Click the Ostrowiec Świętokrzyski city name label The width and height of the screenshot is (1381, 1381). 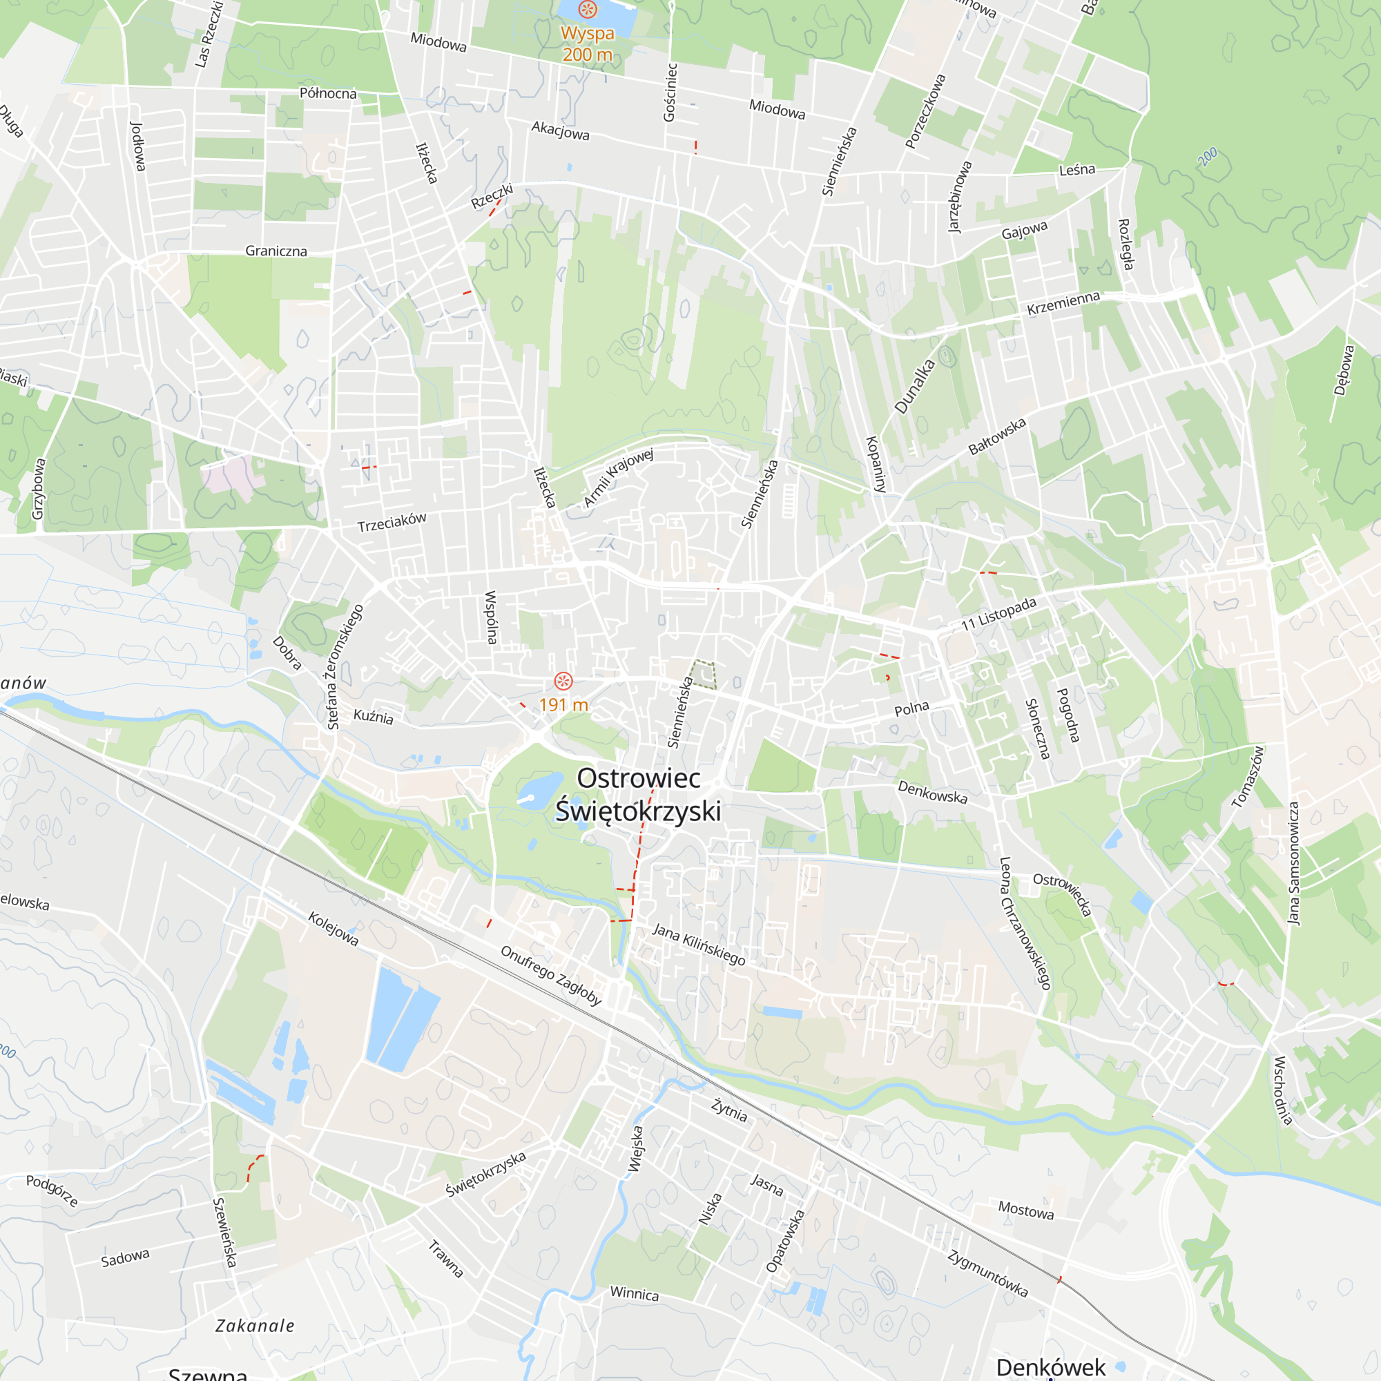tap(638, 795)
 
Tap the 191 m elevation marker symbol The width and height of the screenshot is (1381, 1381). tap(563, 681)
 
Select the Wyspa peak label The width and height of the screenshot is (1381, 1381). tap(587, 34)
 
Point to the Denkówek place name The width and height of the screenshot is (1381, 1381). tap(1050, 1366)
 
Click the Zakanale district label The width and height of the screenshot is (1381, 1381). tap(255, 1326)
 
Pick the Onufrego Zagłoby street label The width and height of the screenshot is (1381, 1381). tap(550, 975)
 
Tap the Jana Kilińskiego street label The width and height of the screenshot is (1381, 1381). tap(699, 944)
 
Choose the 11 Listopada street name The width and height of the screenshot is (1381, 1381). tap(998, 614)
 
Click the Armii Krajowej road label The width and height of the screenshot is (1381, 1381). tap(618, 478)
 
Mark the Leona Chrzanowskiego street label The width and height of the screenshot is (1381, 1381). tap(1025, 923)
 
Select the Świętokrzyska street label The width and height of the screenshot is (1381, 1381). tap(486, 1174)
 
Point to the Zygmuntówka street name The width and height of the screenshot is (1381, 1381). tap(988, 1273)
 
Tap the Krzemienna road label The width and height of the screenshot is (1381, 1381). tap(1063, 303)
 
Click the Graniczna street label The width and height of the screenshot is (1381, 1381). tap(276, 251)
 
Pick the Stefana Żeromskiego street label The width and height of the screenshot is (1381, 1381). tap(345, 667)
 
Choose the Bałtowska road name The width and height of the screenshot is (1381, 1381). tap(997, 436)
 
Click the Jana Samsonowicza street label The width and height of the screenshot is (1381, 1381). tap(1294, 862)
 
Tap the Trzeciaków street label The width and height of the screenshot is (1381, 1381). tap(392, 522)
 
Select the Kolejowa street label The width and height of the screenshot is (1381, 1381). tap(333, 928)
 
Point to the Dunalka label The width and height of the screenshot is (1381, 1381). tap(914, 386)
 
